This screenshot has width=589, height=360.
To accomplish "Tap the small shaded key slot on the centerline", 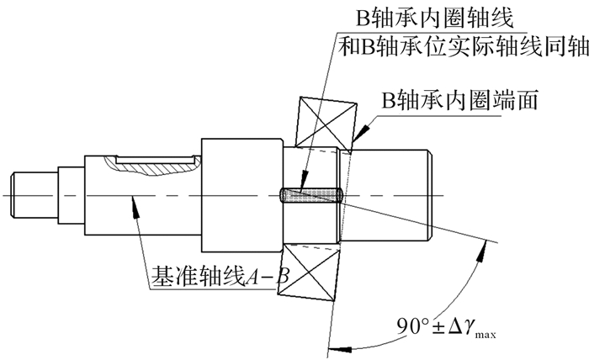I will [309, 195].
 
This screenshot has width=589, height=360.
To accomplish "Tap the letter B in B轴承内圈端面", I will [389, 100].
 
